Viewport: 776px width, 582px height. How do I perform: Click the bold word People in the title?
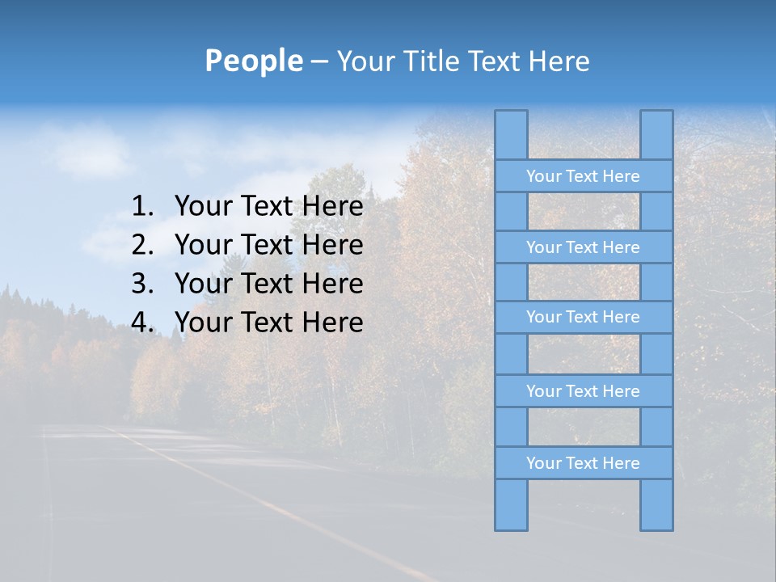253,61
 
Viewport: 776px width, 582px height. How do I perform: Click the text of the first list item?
268,207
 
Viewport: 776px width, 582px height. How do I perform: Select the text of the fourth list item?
268,323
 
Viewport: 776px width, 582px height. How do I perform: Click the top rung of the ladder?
583,176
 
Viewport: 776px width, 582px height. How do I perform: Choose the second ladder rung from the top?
583,247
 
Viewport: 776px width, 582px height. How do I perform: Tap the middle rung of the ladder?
583,317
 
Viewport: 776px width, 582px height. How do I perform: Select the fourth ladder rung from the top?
583,391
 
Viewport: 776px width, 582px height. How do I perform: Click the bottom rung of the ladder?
583,463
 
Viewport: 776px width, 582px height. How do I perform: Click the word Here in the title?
559,61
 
